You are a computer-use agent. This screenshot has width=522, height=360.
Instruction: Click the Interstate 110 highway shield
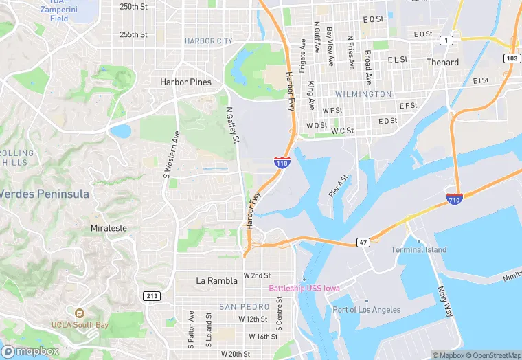282,162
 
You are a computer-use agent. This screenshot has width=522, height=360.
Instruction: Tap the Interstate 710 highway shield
454,199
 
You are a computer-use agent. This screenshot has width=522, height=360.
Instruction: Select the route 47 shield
363,243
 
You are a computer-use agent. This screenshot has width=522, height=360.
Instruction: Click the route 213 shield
152,295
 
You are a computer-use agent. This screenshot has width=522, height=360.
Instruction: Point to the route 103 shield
511,58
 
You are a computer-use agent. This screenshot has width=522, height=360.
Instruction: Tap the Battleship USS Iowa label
304,289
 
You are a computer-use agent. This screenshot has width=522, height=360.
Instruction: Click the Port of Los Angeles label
367,310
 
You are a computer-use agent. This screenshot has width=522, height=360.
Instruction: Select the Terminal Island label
418,250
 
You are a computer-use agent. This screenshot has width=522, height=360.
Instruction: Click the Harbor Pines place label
185,82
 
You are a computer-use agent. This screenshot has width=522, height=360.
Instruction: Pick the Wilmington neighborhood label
363,94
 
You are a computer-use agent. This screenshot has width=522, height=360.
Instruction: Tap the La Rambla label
216,280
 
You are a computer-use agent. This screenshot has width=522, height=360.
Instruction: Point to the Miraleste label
109,227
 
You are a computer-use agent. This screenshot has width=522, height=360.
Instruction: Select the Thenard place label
442,63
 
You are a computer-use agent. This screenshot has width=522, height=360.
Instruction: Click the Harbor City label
208,41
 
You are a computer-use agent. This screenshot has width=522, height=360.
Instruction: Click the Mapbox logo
30,351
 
